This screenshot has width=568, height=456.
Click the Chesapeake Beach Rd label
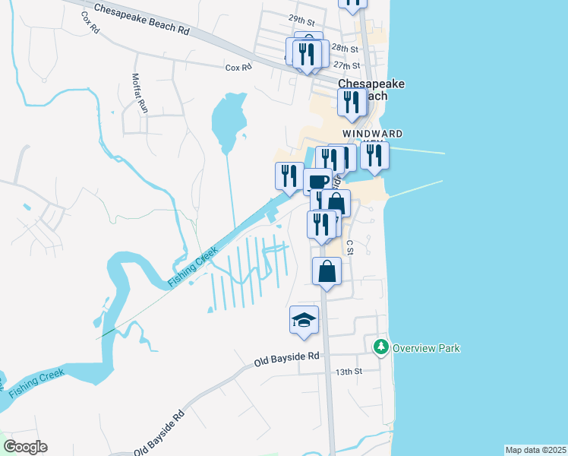point(141,21)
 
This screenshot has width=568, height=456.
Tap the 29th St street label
point(280,19)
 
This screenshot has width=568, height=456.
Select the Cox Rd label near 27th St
point(238,68)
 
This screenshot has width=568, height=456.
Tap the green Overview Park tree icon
point(380,347)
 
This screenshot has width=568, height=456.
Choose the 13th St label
point(349,372)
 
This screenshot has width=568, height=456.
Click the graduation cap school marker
point(304,319)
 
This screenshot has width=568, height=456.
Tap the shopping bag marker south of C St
point(327,271)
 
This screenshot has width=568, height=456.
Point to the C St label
point(350,247)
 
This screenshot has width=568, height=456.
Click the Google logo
point(25,447)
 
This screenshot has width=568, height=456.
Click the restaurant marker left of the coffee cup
point(289,176)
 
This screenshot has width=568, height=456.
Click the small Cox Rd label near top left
point(90,24)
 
